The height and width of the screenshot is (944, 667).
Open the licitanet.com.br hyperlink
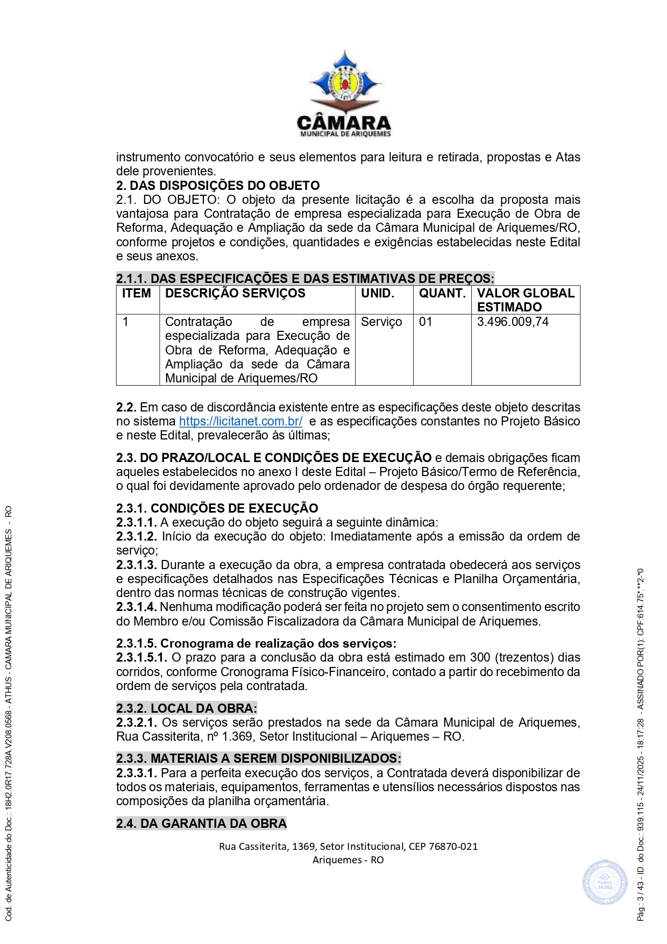tap(240, 421)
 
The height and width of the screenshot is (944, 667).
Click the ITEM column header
tap(137, 293)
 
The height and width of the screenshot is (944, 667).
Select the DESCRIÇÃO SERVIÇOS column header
tap(235, 293)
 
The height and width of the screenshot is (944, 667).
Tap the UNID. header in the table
tap(378, 293)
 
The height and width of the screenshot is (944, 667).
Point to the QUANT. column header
tap(442, 293)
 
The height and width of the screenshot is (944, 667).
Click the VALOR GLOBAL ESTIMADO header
tap(526, 300)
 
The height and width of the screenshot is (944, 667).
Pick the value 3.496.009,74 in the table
tap(513, 322)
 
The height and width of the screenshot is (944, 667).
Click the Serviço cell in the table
tap(381, 322)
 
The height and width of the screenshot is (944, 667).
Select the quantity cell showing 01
tap(425, 322)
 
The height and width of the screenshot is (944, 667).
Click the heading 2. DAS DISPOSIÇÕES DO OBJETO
tap(218, 186)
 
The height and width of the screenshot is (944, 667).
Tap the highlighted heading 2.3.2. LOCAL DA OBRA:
tap(187, 708)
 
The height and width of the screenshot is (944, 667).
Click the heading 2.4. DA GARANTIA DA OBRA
tap(201, 824)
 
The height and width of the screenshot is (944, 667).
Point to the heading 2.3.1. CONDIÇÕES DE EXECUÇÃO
tap(217, 508)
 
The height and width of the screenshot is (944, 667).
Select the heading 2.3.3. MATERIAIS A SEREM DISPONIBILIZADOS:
tap(259, 758)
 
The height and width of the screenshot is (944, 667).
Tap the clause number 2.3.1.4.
tap(137, 607)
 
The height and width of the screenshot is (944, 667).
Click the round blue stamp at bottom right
tap(605, 882)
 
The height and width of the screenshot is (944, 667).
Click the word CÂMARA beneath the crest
tap(344, 123)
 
